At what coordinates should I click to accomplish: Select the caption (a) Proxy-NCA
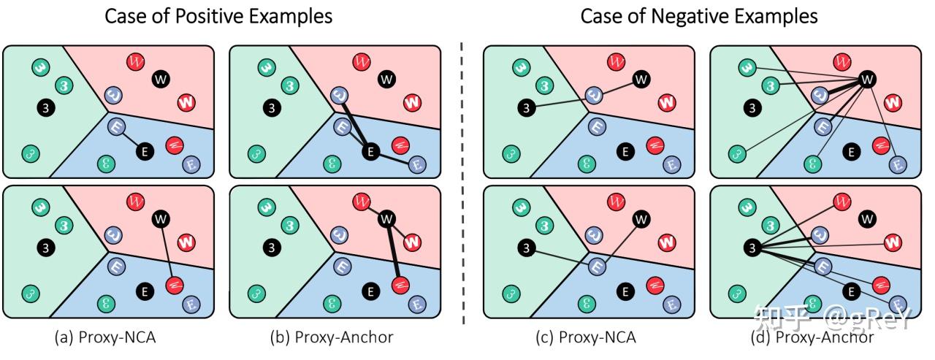(x=107, y=337)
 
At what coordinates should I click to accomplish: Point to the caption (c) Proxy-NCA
(x=588, y=337)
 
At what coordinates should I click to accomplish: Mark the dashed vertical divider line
(x=462, y=183)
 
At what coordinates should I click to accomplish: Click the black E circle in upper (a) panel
(x=145, y=151)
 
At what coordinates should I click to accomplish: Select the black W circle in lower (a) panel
(x=160, y=218)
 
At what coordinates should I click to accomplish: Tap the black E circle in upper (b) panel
(x=371, y=151)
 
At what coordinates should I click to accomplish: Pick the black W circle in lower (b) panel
(x=386, y=218)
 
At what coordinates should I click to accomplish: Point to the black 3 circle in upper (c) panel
(x=525, y=108)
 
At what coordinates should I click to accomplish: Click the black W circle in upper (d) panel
(x=867, y=79)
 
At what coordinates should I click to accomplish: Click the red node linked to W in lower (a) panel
(x=175, y=283)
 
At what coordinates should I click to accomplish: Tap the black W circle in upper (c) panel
(x=641, y=79)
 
